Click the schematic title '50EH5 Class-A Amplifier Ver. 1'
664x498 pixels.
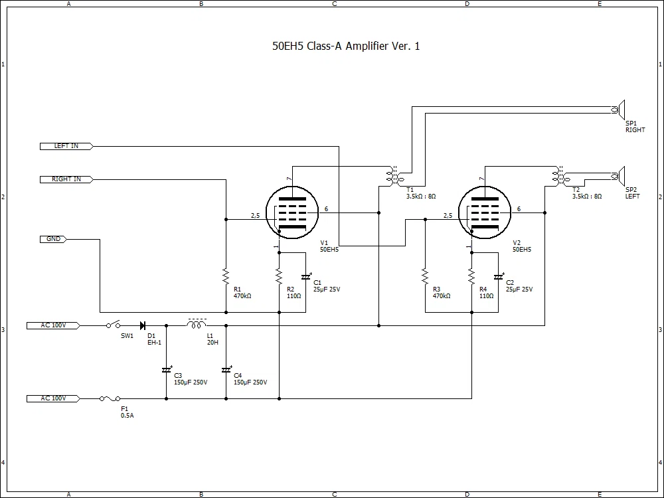(x=346, y=46)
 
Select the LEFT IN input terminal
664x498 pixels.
(x=66, y=146)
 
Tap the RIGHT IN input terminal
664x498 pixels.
(x=66, y=179)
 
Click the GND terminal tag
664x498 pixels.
(x=53, y=239)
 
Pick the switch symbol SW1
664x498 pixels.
(x=113, y=325)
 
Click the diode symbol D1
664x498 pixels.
(x=143, y=325)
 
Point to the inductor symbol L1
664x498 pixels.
(x=197, y=325)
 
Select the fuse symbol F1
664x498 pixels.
(x=110, y=398)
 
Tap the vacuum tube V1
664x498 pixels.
(x=292, y=212)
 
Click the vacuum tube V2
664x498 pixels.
(x=485, y=212)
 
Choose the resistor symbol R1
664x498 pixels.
(x=226, y=276)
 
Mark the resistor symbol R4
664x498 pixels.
(x=471, y=276)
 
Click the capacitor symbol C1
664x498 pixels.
(x=305, y=278)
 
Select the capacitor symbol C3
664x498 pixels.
(x=167, y=370)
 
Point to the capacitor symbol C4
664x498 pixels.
(x=226, y=370)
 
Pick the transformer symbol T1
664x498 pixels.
(x=394, y=176)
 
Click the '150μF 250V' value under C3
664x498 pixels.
(x=191, y=382)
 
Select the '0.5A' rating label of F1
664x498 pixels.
(x=127, y=416)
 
